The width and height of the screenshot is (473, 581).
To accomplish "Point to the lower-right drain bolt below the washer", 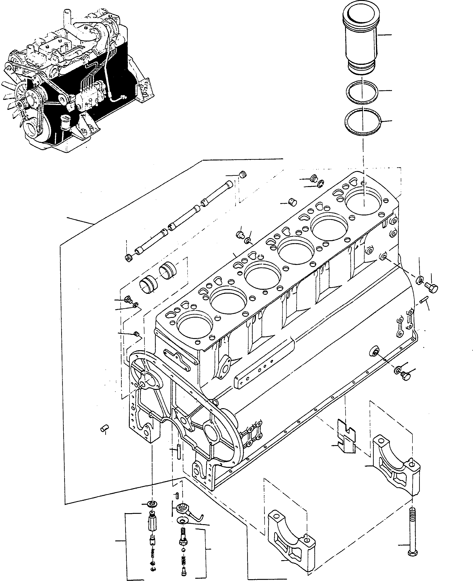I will (405, 376).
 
